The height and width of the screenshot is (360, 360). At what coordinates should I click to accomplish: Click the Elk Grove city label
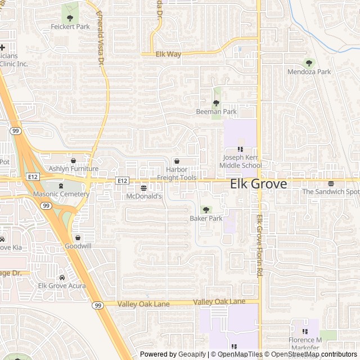(x=258, y=184)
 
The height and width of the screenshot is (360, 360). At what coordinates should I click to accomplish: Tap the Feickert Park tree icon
(x=70, y=18)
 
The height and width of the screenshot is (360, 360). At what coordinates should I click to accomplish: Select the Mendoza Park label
(x=309, y=72)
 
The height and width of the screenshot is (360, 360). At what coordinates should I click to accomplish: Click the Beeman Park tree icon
(x=216, y=103)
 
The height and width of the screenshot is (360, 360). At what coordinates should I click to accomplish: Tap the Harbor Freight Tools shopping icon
(x=177, y=161)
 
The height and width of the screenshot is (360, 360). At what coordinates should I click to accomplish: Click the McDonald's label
(x=143, y=196)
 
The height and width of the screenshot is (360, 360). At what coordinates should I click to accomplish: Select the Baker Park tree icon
(x=206, y=210)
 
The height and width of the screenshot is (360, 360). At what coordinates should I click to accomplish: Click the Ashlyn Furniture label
(x=73, y=169)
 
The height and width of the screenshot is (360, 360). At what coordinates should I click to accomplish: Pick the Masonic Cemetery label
(x=61, y=194)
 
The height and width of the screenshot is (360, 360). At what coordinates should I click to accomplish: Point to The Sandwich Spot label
(x=330, y=192)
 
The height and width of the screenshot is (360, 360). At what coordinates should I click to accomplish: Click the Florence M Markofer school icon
(x=305, y=332)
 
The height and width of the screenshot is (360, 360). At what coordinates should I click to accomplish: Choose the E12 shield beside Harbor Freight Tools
(x=122, y=180)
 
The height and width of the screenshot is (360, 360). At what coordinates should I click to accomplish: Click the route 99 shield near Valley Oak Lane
(x=98, y=305)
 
